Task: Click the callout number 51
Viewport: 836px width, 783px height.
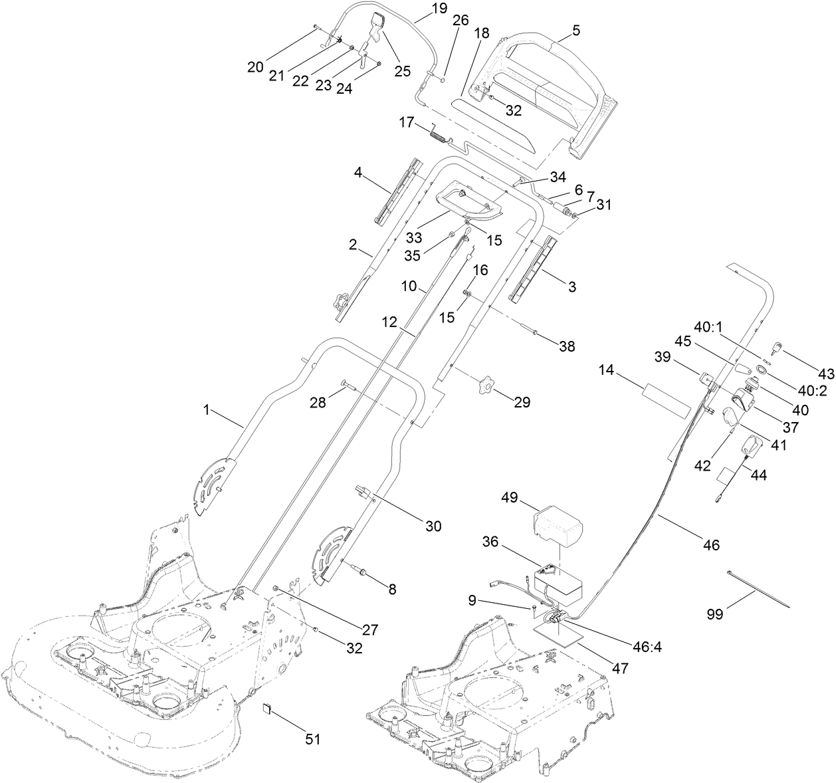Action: [312, 739]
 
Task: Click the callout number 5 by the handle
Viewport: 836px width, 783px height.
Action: [575, 30]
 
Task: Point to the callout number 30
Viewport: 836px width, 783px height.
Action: [433, 526]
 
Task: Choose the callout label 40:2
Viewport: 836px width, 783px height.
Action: [813, 391]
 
